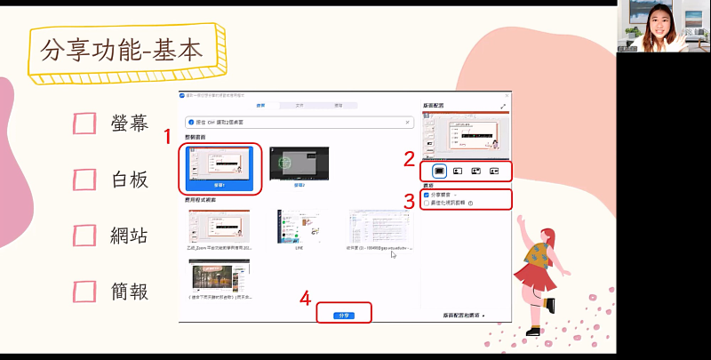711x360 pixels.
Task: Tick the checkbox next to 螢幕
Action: click(84, 124)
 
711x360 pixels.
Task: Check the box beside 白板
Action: click(84, 180)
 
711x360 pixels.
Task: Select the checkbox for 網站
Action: click(84, 236)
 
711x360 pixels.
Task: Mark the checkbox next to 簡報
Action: click(84, 291)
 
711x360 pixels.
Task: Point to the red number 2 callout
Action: click(409, 160)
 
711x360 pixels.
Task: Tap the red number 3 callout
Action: click(409, 201)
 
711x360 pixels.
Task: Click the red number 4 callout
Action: click(306, 299)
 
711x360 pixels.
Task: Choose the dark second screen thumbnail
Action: click(299, 165)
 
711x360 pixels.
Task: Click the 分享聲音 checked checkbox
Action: click(427, 194)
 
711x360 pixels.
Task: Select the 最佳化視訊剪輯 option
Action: click(427, 203)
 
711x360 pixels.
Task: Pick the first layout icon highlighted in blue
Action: click(438, 170)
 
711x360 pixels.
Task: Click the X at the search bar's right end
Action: click(407, 122)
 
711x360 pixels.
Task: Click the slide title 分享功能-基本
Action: click(122, 49)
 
